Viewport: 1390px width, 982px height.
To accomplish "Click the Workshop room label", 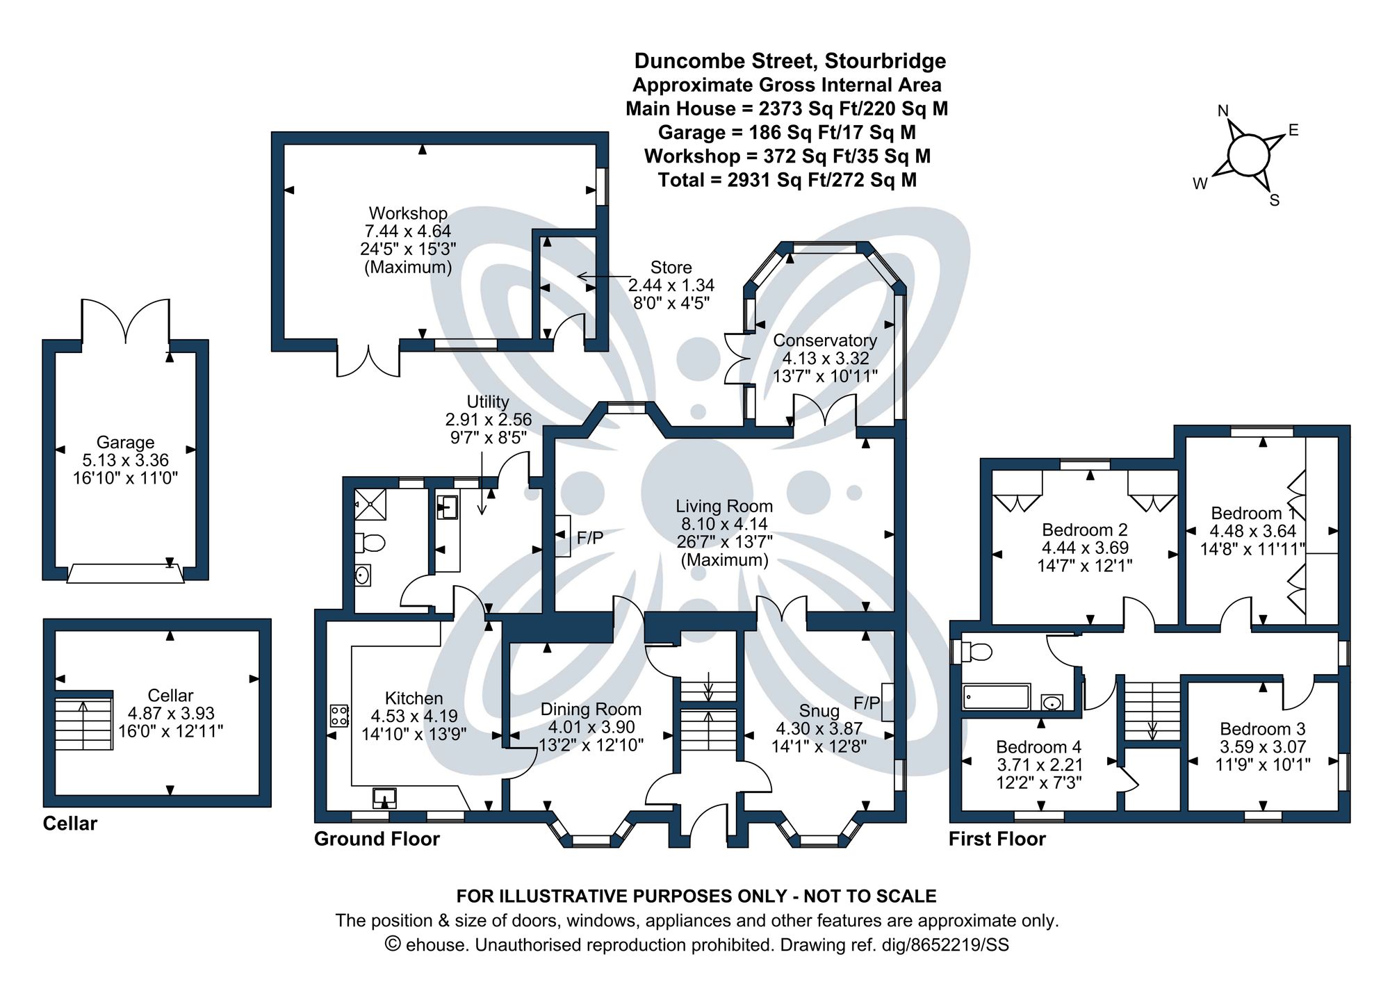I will (x=408, y=213).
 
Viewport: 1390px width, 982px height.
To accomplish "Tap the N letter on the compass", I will (x=1223, y=111).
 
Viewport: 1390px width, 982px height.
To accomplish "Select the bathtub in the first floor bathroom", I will (x=996, y=696).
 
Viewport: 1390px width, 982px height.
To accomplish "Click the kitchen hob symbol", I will (x=339, y=715).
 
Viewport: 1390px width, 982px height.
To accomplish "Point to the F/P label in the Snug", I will (x=866, y=703).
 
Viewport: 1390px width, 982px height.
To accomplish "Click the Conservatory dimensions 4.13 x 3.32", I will (x=825, y=359).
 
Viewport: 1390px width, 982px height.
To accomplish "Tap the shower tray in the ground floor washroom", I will (x=370, y=504).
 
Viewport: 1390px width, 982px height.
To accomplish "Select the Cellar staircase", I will (x=84, y=723).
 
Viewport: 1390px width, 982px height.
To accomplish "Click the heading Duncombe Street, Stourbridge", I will (x=790, y=61).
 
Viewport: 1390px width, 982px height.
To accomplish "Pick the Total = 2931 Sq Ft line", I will (x=787, y=180).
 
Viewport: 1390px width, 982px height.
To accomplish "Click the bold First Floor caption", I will (x=997, y=839).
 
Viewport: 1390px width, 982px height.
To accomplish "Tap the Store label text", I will (x=671, y=268).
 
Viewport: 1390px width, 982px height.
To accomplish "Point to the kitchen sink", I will (x=384, y=796).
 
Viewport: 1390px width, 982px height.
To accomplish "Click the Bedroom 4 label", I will (x=1038, y=747).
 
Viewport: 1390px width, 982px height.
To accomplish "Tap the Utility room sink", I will (x=447, y=507).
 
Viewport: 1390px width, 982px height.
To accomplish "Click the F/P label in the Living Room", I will (x=590, y=537).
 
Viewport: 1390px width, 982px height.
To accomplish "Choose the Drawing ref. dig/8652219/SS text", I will (x=894, y=944).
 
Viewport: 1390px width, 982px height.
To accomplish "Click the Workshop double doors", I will (x=368, y=359).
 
